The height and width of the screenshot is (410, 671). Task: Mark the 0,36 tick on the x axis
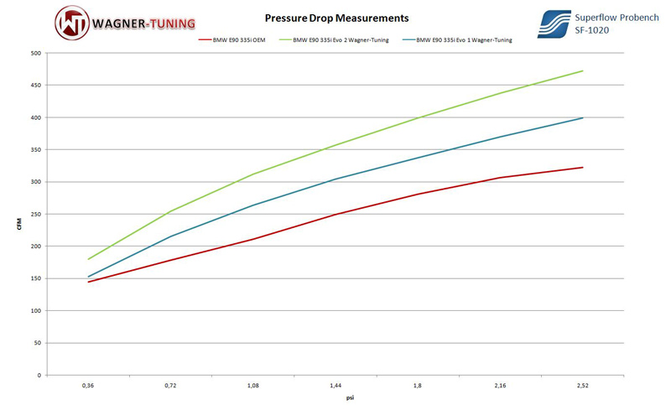88,385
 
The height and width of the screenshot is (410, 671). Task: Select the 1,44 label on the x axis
335,385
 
